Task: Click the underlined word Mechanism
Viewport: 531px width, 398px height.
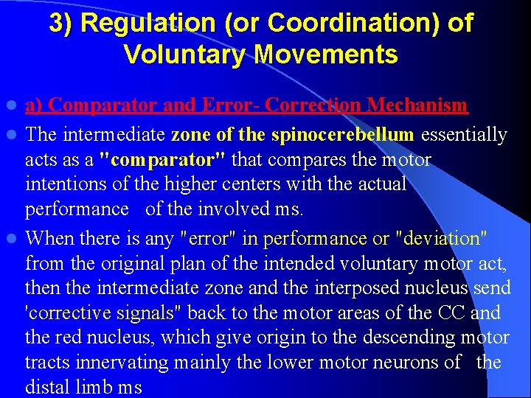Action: click(x=417, y=105)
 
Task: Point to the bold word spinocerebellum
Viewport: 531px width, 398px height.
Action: click(x=342, y=135)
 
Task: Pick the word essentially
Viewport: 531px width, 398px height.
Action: click(x=463, y=135)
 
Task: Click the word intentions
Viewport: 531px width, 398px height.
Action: click(x=63, y=184)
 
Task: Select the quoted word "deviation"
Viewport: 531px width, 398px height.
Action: click(x=440, y=239)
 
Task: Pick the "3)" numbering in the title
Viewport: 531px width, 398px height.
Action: click(x=60, y=24)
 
